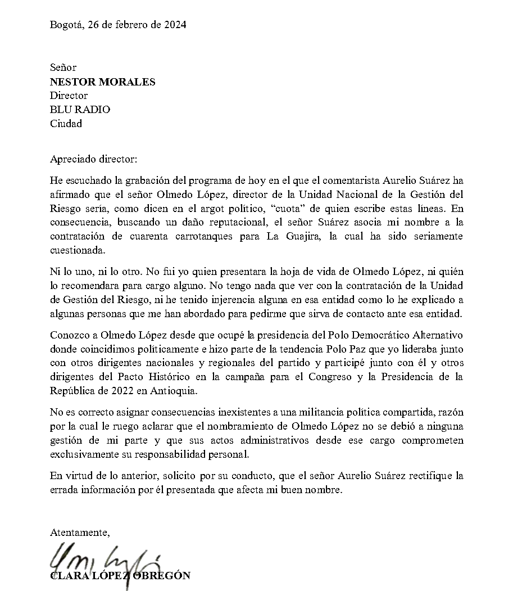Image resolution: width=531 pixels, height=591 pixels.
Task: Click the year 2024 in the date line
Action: pos(175,25)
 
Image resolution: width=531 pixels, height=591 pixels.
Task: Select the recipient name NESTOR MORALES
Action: pos(102,82)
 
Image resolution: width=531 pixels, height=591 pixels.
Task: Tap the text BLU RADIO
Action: pos(80,110)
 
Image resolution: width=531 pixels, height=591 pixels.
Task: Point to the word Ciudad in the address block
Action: pos(66,124)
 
